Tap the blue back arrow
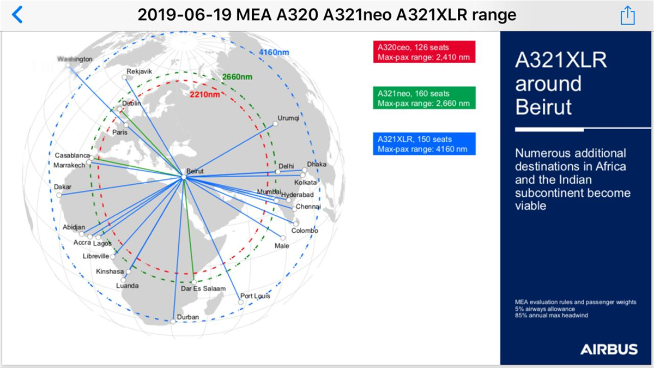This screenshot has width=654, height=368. point(17,14)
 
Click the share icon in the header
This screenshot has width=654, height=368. point(627,15)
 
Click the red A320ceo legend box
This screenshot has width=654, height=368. point(424,52)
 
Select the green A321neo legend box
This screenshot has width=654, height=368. point(424,98)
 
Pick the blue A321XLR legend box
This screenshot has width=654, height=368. point(424,144)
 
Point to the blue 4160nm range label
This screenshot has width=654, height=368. point(274,52)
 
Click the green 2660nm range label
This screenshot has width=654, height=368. point(237,77)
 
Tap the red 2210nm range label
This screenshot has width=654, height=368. point(205,94)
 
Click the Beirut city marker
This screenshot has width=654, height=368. point(184,177)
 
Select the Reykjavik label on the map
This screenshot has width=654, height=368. point(140,71)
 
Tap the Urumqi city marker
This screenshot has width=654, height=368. point(275,124)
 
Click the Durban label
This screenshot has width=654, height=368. point(187,317)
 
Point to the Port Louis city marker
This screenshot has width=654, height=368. point(240,302)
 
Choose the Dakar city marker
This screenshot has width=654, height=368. point(59,195)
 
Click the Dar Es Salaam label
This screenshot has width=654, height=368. point(203,288)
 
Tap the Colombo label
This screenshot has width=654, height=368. point(305,231)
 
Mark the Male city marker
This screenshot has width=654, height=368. point(283,238)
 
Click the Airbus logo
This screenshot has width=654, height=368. point(609,349)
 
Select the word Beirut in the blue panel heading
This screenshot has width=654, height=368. point(543,107)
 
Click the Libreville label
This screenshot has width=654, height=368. point(96,256)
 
